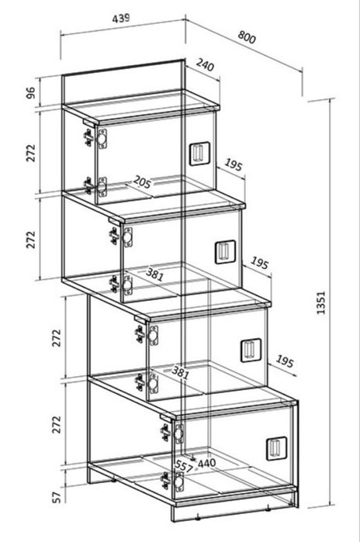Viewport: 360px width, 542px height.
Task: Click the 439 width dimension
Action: [121, 18]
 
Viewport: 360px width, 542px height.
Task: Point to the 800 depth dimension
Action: [247, 37]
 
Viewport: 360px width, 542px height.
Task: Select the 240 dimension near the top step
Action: [205, 64]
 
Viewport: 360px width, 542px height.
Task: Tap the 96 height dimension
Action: [31, 92]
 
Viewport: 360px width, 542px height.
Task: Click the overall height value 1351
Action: [321, 302]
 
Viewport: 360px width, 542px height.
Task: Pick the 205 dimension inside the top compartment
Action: [142, 181]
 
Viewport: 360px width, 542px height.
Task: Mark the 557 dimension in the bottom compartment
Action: [183, 466]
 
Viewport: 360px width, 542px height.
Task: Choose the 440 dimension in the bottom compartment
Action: [206, 462]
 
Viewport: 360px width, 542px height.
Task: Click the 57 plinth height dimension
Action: [57, 497]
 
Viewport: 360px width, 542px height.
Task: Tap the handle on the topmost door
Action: [199, 154]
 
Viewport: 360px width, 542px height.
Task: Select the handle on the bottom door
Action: [276, 448]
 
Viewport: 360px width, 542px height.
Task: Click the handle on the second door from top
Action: [225, 252]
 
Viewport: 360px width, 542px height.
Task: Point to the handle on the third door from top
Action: [251, 350]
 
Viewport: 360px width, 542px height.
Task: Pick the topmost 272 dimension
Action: [31, 153]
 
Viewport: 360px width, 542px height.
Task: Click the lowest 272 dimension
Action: [57, 424]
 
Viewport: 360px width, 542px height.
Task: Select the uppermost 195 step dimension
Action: [234, 164]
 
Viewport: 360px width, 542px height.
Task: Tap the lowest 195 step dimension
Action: [285, 361]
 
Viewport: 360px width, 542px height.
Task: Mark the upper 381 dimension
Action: [154, 274]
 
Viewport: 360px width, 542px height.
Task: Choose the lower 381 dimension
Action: [181, 373]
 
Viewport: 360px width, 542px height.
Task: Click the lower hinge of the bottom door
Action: [173, 482]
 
